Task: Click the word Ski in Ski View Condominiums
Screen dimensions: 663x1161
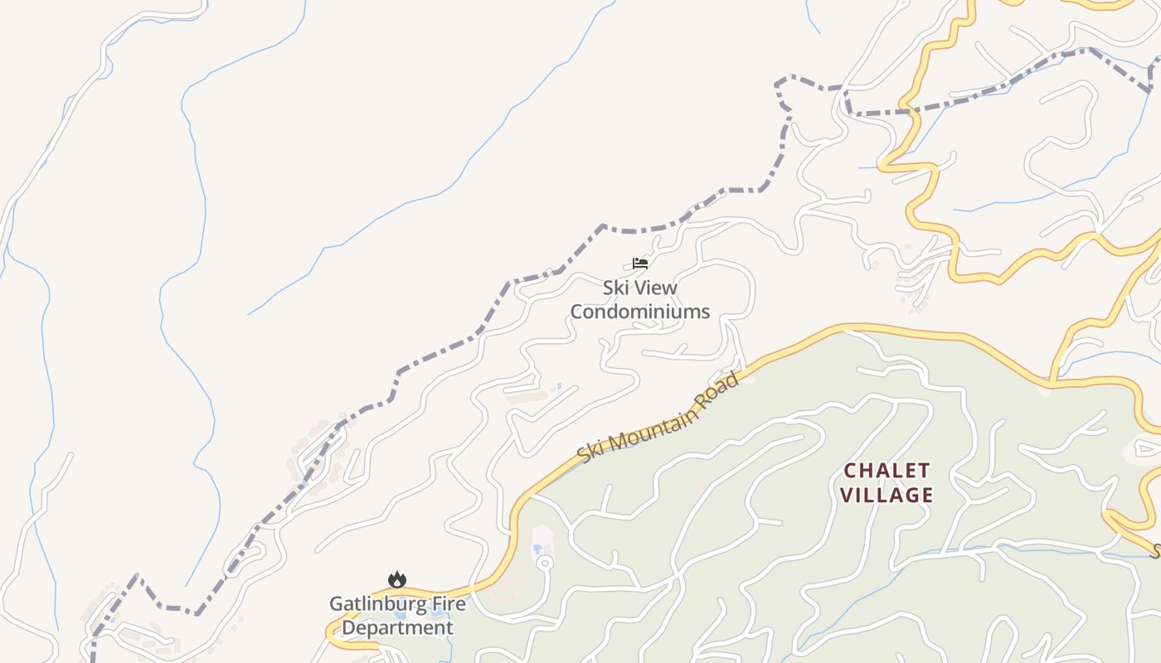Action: click(x=615, y=288)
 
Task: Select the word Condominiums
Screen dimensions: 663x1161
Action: click(x=639, y=312)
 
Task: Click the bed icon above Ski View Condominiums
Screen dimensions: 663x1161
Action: click(x=639, y=264)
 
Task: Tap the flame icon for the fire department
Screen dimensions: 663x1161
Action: click(x=397, y=580)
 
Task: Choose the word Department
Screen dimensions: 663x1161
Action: click(x=397, y=627)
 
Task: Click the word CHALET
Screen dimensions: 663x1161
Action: click(x=887, y=471)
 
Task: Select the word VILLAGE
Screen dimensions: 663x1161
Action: click(x=887, y=496)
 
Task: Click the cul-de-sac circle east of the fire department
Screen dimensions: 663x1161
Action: click(x=544, y=564)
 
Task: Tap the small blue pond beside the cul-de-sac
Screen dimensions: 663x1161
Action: click(x=538, y=549)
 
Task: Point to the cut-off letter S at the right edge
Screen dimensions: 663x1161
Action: click(x=1154, y=550)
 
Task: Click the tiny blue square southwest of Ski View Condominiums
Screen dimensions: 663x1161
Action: click(x=559, y=385)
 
